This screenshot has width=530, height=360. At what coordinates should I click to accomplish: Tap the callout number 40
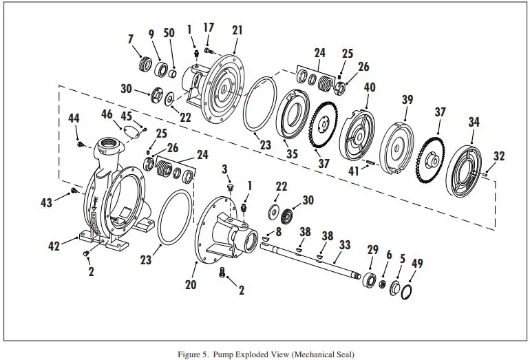370,88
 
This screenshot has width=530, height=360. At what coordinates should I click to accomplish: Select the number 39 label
407,100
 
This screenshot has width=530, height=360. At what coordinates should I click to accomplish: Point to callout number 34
474,122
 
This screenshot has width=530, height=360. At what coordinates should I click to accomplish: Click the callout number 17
209,28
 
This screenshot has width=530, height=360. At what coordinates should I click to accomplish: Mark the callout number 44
74,118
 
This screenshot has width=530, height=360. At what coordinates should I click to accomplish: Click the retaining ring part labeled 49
407,292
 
